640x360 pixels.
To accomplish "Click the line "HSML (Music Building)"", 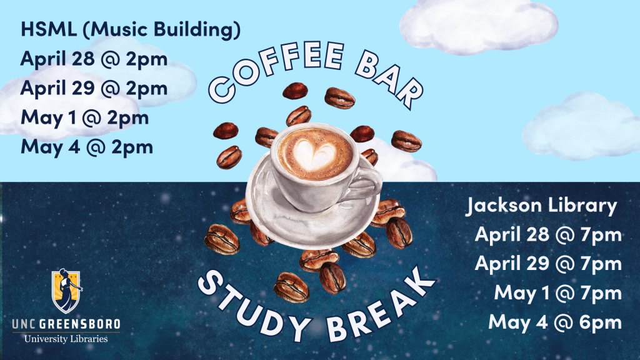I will tap(131, 29).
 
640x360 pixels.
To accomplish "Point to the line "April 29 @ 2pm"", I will tap(94, 88).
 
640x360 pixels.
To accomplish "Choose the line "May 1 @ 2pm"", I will tap(84, 117).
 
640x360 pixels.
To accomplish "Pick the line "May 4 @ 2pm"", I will tap(86, 147).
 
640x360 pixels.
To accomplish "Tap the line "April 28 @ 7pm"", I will tap(548, 235).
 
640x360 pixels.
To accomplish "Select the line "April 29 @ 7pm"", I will tap(548, 264).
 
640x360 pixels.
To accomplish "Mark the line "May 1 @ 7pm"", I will tap(558, 292).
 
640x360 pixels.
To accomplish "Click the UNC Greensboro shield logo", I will tap(66, 291).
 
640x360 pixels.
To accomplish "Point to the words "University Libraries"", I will tap(66, 339).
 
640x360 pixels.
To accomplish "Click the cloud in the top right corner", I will tap(479, 26).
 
